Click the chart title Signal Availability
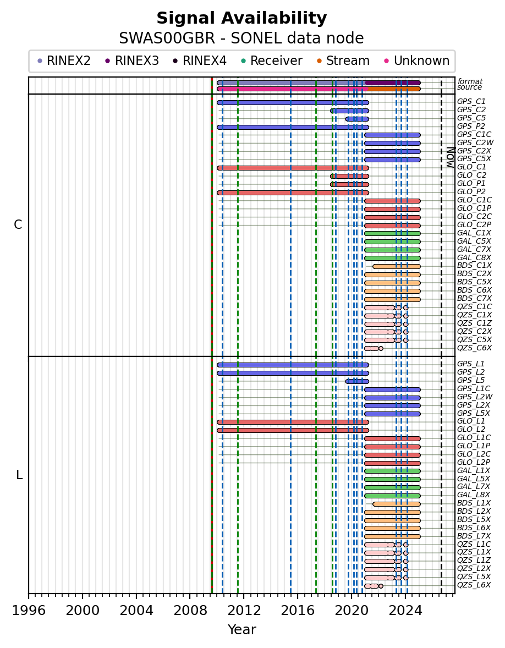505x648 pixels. (x=241, y=18)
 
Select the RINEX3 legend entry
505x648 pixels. (x=132, y=61)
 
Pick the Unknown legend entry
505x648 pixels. (x=416, y=61)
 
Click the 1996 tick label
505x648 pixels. (x=29, y=611)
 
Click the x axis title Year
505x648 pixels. (x=241, y=630)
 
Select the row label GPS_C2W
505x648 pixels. (x=475, y=143)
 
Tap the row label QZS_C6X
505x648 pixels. (x=474, y=348)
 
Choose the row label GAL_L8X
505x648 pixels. (x=474, y=495)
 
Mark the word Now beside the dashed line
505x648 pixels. (x=451, y=157)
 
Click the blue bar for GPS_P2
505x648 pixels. (x=293, y=127)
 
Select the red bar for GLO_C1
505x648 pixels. (x=293, y=168)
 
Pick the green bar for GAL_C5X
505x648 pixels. (x=392, y=241)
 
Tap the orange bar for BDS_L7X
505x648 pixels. (x=392, y=536)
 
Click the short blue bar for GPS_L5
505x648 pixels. (x=357, y=381)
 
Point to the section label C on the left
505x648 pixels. (x=18, y=224)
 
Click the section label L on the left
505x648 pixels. (x=19, y=475)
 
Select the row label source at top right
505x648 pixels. (x=469, y=87)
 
